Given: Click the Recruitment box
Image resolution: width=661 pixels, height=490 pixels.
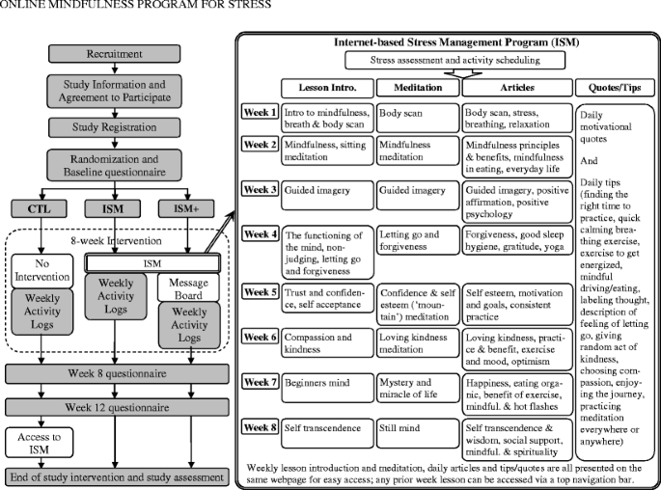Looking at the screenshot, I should (x=117, y=53).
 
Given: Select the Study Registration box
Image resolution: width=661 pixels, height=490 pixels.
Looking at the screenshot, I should (x=117, y=126).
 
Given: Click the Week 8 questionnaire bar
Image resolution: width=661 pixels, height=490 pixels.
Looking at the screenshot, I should (x=117, y=374).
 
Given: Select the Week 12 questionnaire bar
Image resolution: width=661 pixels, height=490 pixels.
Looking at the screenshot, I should (x=117, y=407).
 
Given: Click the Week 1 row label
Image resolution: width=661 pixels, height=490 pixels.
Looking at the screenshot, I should (x=260, y=113).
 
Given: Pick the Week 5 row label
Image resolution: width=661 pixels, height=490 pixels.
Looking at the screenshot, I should (x=260, y=289).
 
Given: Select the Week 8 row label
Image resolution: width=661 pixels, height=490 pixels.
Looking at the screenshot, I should (x=260, y=426).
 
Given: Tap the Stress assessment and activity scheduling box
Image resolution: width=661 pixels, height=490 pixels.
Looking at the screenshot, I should (x=448, y=60).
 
